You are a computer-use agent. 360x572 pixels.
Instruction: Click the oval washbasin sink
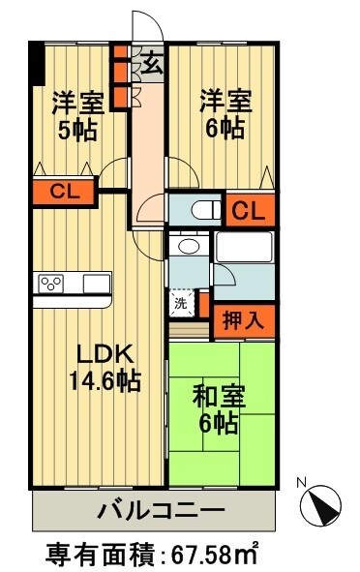click(189, 247)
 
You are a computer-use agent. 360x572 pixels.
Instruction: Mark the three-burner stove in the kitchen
click(51, 284)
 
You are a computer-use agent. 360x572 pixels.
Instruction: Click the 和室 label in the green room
click(220, 396)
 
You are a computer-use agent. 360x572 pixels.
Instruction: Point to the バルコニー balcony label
click(161, 508)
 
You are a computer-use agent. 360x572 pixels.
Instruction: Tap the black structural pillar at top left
click(37, 64)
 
